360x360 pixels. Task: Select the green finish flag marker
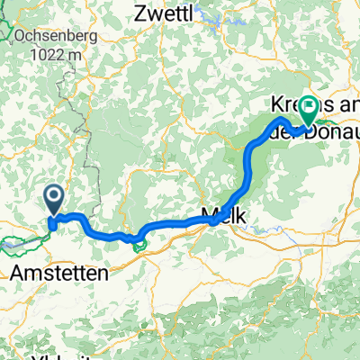[308, 108]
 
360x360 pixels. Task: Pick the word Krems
[290, 105]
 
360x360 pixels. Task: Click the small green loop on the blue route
[138, 240]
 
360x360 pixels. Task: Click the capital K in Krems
[275, 105]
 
